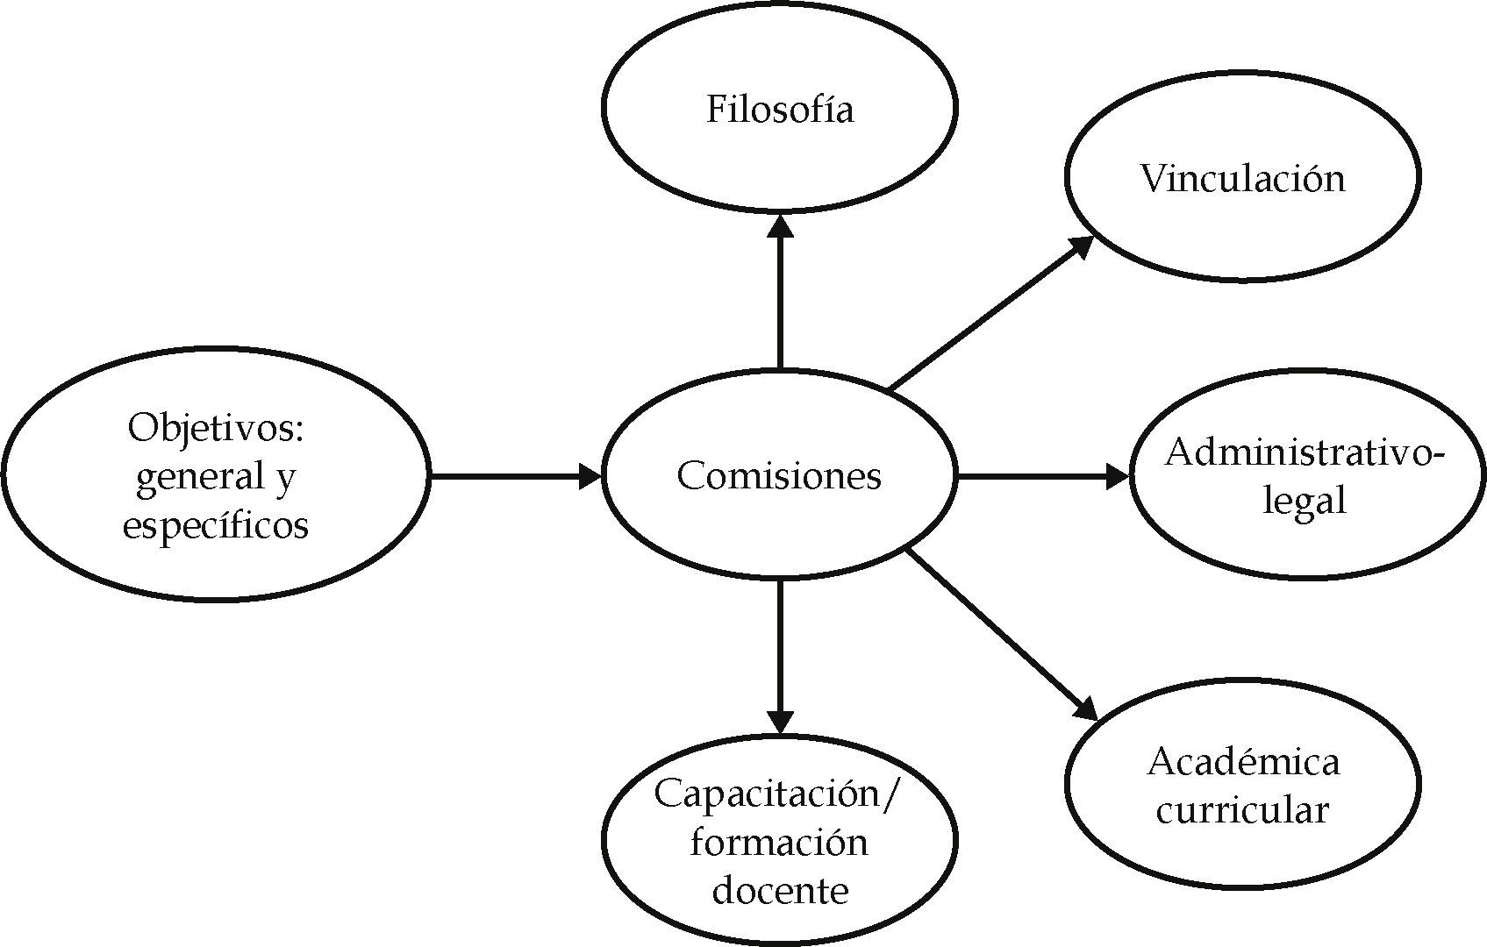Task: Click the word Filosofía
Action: point(780,110)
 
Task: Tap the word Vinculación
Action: point(1242,179)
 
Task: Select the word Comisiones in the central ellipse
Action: point(779,476)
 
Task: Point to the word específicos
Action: point(216,525)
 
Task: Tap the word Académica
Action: point(1243,762)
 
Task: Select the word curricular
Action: point(1242,809)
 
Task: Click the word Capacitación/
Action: point(778,794)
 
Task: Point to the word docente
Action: point(780,891)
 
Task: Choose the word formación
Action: point(779,843)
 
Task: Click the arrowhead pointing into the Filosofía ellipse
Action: point(780,224)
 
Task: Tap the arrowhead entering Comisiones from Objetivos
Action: point(590,477)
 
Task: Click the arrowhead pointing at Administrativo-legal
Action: point(1118,477)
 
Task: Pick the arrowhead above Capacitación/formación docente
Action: point(780,721)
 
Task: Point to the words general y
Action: point(216,477)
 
